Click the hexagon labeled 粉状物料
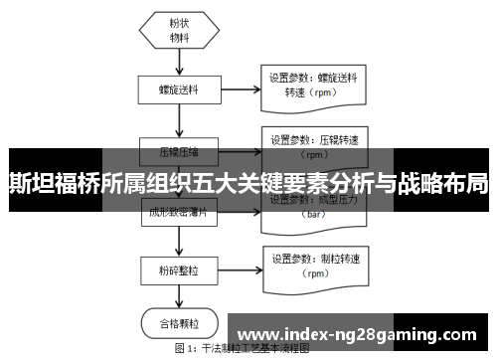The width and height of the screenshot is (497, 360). [x=180, y=31]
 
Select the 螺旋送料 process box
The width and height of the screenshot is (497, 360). [x=180, y=89]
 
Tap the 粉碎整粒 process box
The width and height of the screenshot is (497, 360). [x=180, y=270]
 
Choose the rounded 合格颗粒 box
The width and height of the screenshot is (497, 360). [x=180, y=323]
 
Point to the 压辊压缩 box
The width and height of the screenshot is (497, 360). [x=180, y=152]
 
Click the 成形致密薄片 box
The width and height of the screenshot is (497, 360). [x=180, y=212]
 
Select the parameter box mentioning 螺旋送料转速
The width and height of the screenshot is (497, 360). [x=314, y=84]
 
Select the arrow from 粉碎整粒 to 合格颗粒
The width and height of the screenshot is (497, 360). [x=180, y=297]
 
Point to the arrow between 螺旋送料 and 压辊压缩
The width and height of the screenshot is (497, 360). [x=180, y=120]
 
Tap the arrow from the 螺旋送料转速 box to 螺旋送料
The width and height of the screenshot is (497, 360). [x=239, y=88]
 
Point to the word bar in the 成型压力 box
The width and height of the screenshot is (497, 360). [x=314, y=214]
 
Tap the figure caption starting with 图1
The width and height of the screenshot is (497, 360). [x=243, y=350]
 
